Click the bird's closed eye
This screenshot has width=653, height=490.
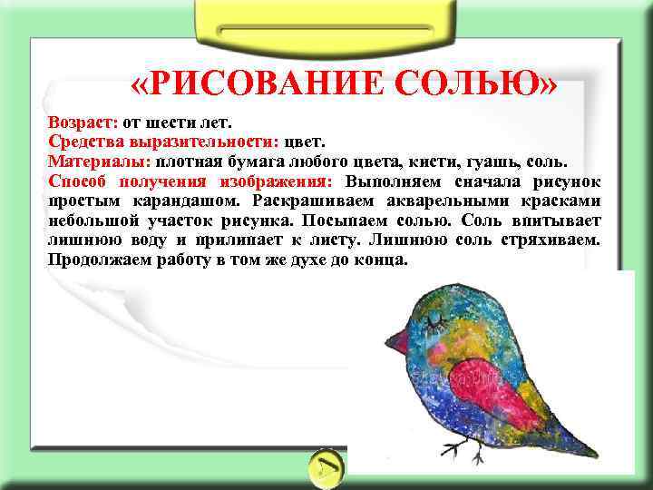[443, 318]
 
